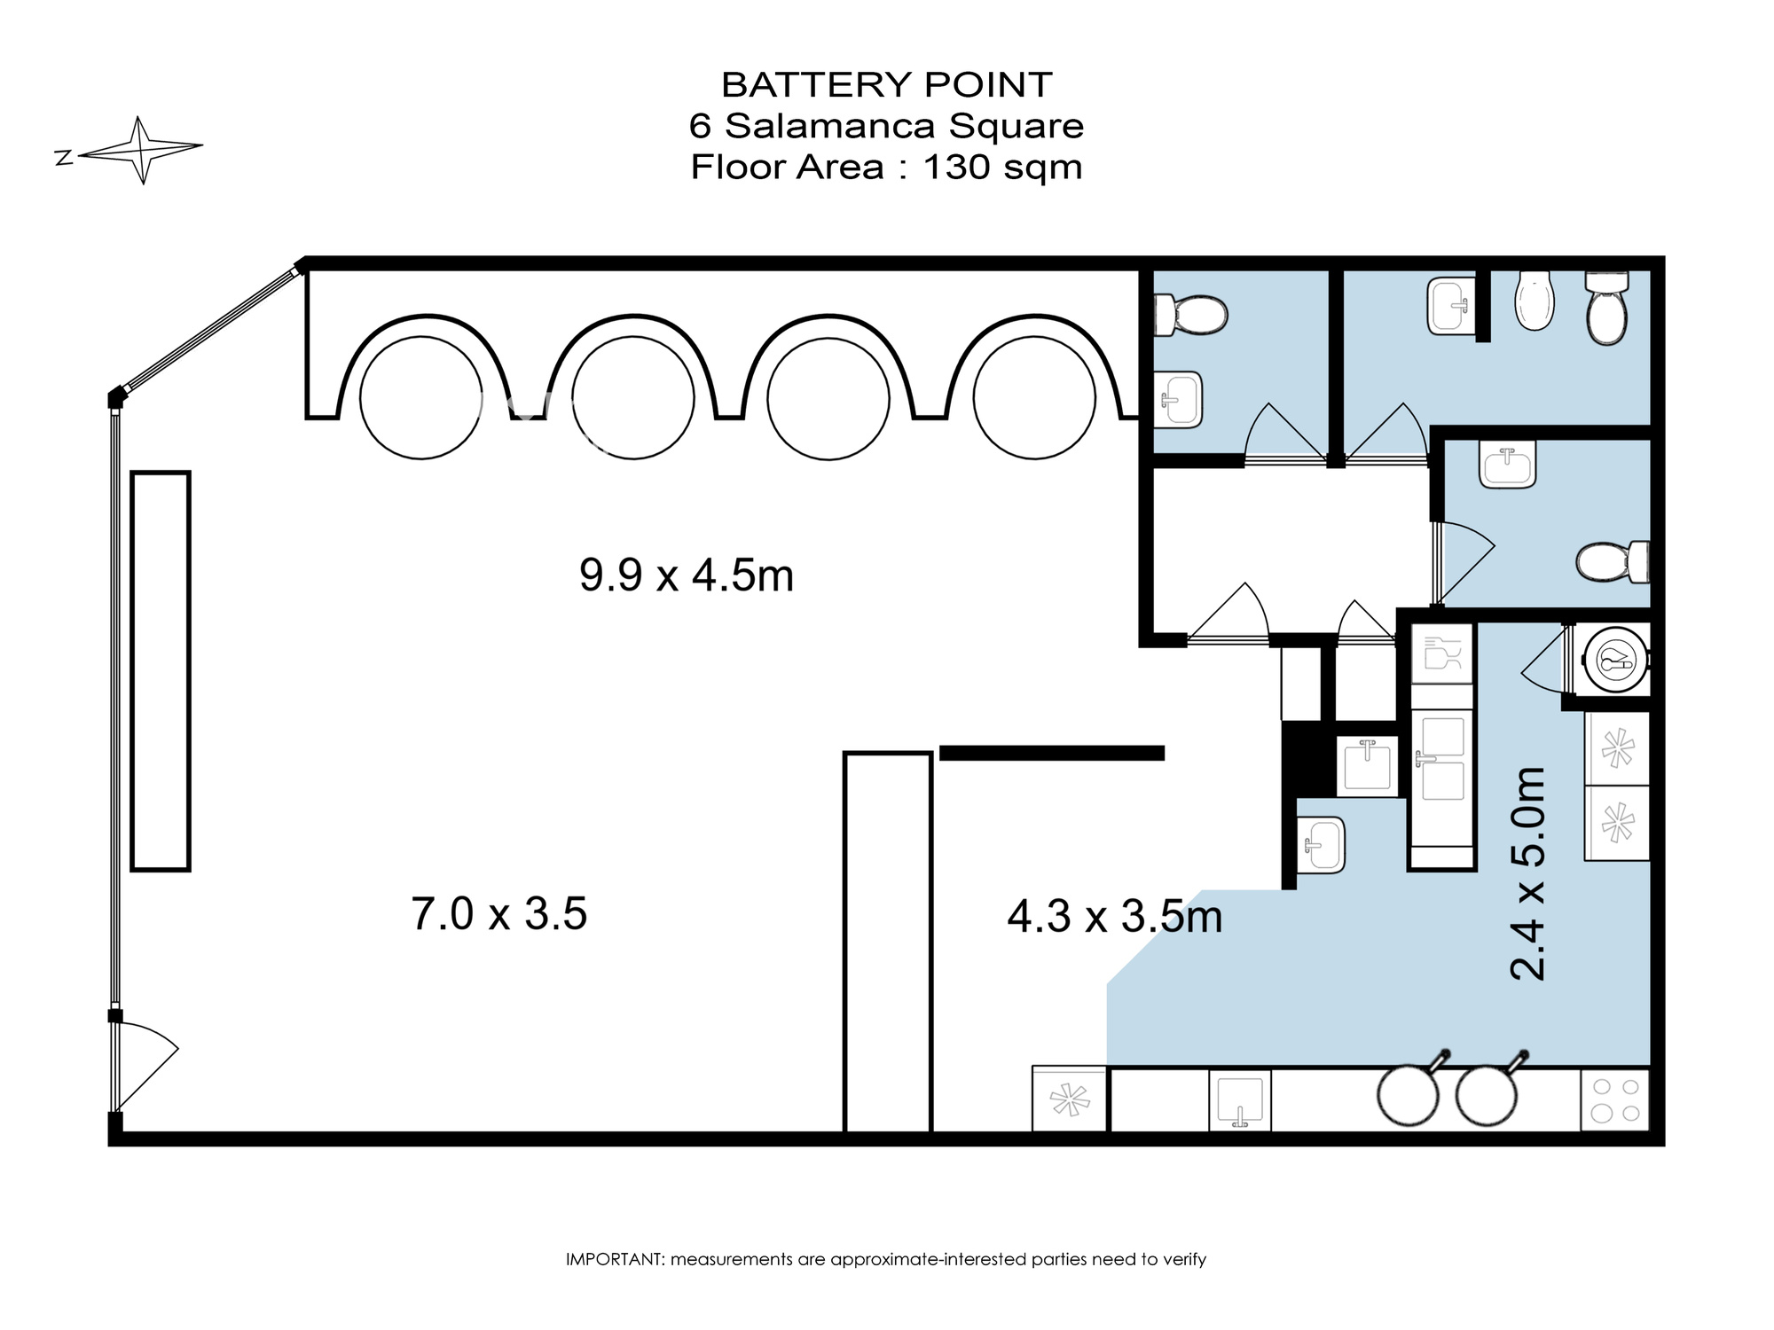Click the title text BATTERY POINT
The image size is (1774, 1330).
(x=886, y=85)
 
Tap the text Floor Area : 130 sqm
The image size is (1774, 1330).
(x=886, y=167)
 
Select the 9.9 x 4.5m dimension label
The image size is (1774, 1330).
(x=686, y=575)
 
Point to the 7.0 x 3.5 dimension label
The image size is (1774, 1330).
(x=498, y=913)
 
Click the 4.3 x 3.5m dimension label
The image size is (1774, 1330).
(x=1114, y=916)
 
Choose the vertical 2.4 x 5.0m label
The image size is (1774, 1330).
(x=1528, y=873)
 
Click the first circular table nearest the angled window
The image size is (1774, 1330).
(x=420, y=398)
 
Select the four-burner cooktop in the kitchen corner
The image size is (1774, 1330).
(x=1614, y=1100)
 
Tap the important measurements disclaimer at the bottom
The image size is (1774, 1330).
(x=886, y=1259)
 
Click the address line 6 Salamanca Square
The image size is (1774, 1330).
(x=886, y=126)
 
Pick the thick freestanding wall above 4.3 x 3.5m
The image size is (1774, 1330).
(x=1051, y=753)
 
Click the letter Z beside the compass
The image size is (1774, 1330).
(x=63, y=158)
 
